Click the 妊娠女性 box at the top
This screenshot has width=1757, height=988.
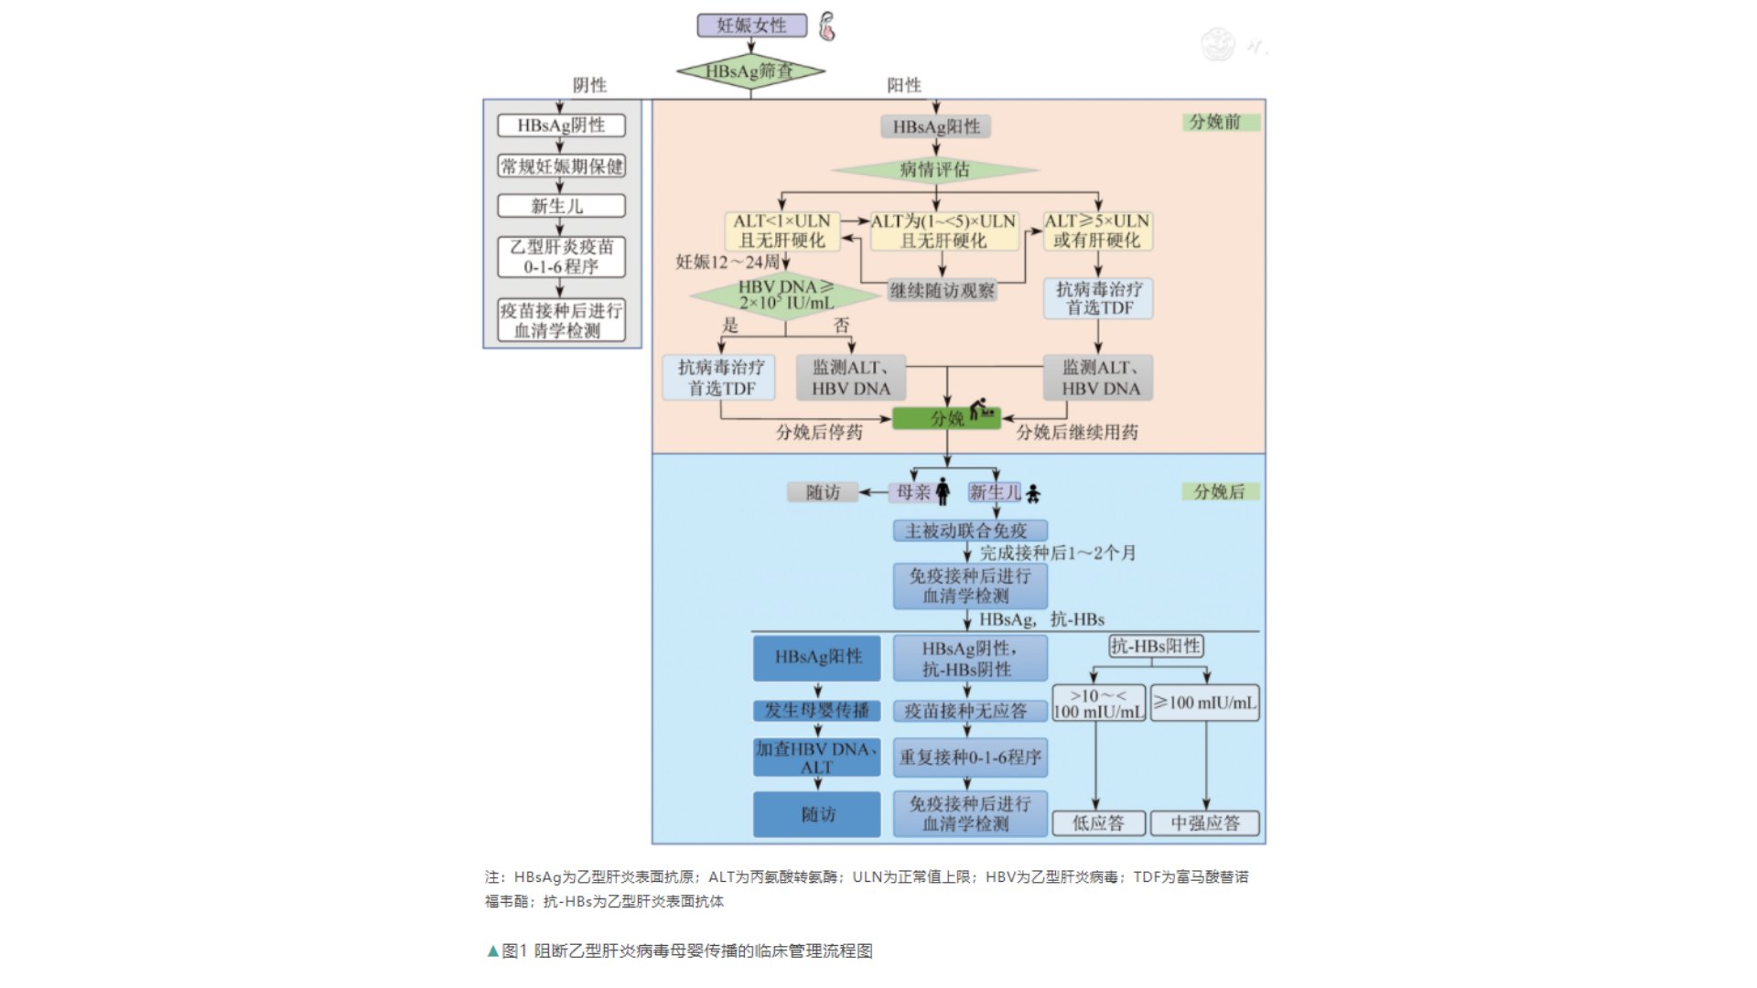click(751, 26)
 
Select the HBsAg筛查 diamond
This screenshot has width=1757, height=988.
click(749, 70)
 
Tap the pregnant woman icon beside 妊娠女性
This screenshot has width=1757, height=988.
click(827, 27)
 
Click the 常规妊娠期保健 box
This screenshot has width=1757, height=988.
click(561, 166)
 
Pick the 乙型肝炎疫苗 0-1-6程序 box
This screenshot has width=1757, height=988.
click(561, 257)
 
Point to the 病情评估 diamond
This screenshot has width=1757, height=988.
click(934, 169)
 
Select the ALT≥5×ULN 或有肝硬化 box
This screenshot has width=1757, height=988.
click(1097, 231)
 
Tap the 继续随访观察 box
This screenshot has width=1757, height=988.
click(942, 291)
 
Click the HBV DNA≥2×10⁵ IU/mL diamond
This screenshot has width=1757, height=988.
click(785, 295)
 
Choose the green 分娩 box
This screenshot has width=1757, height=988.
click(946, 418)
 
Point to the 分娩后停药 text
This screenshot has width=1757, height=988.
click(819, 433)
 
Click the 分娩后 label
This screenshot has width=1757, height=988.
click(1219, 491)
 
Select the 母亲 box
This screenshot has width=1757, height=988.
click(913, 492)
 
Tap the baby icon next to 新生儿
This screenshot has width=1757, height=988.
click(1033, 494)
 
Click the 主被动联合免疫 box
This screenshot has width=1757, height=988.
click(969, 531)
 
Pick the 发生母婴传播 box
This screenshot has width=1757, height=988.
click(817, 711)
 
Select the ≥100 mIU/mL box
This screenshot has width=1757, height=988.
click(1204, 703)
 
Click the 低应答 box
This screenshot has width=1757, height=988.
click(1098, 823)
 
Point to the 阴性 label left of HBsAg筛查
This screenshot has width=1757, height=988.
click(589, 85)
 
